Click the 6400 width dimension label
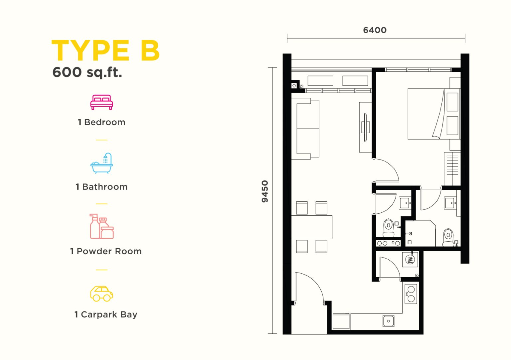(x=375, y=30)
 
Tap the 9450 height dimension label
(x=265, y=191)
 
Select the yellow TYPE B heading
(x=105, y=51)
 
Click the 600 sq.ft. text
(x=87, y=72)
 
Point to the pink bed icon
(x=101, y=102)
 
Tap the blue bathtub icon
(x=101, y=163)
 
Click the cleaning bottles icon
(x=101, y=226)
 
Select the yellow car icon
(x=101, y=294)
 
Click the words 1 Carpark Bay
(x=106, y=315)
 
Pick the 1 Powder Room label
(x=106, y=251)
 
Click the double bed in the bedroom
(x=434, y=114)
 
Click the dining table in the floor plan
(x=312, y=227)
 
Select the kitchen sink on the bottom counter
(x=389, y=321)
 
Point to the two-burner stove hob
(x=411, y=294)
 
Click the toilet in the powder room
(x=389, y=228)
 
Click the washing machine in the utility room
(x=410, y=260)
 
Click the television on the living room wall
(x=366, y=127)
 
